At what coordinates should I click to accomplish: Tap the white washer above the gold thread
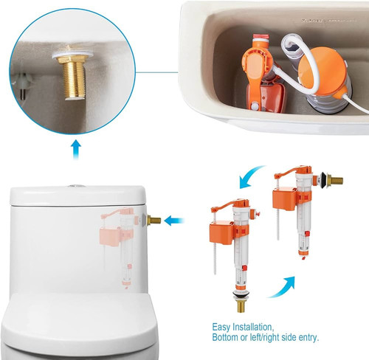72,55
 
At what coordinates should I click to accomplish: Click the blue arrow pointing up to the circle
77,149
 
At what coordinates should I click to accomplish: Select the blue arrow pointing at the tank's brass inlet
174,221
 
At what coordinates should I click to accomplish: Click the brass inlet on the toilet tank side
154,220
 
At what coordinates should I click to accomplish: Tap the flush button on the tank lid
77,186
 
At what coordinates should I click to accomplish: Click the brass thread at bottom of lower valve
241,306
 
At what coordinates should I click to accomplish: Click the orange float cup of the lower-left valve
221,233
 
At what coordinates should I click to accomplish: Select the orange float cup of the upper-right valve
285,199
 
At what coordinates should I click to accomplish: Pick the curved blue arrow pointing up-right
283,288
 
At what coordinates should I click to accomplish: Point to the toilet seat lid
79,319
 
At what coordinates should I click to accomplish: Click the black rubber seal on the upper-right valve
324,180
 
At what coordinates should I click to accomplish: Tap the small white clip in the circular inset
23,83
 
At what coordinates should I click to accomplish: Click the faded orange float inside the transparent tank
110,237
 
